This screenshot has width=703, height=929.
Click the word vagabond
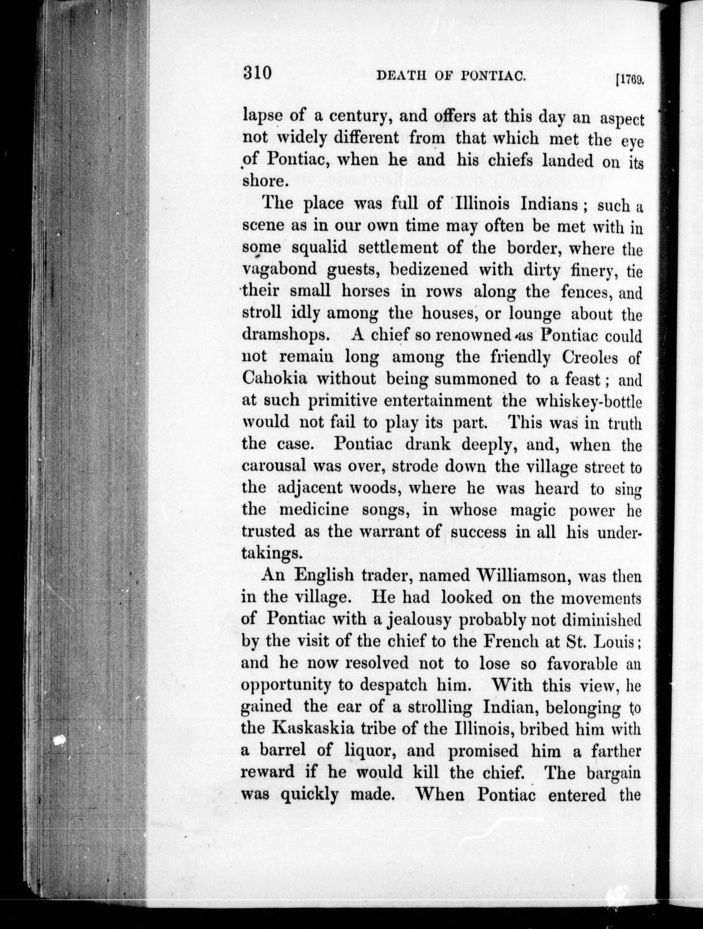coord(279,269)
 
